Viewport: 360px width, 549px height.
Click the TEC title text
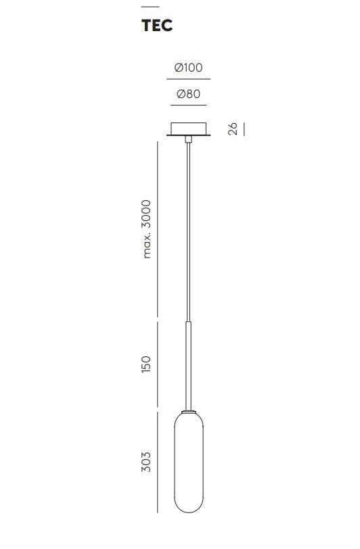157,25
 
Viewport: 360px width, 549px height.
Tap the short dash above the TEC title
150,7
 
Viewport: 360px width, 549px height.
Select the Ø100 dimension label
189,67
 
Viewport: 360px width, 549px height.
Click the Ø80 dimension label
189,94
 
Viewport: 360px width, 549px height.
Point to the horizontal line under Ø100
189,79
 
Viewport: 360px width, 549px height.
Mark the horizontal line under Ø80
189,105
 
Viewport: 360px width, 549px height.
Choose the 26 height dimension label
233,129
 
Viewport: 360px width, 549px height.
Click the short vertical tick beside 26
244,129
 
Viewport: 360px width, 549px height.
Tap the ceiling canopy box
189,129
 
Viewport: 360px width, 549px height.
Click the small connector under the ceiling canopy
189,139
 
